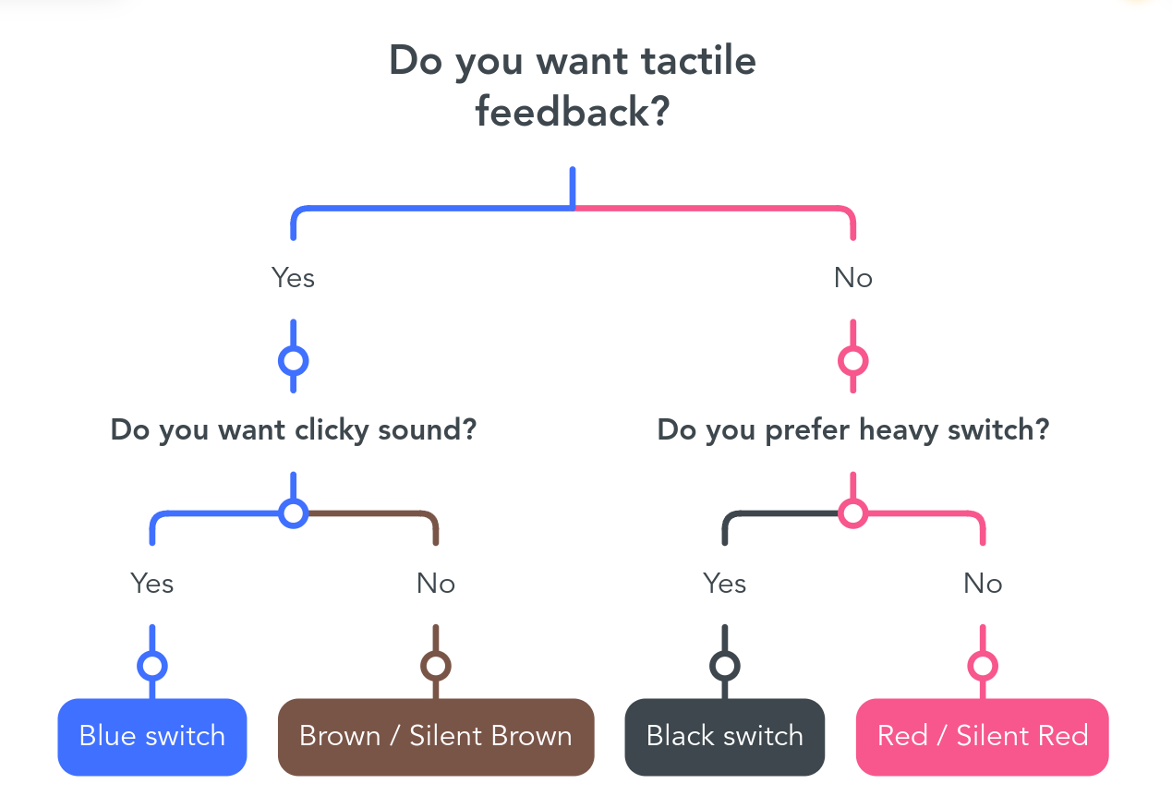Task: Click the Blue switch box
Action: click(x=151, y=736)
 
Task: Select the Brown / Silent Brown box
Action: click(x=436, y=736)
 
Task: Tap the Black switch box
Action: click(x=725, y=736)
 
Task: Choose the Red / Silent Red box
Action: click(x=983, y=736)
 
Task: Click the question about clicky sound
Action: click(x=294, y=430)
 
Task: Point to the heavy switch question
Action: click(x=853, y=430)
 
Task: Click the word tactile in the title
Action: click(x=698, y=61)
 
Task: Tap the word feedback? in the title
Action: click(x=573, y=112)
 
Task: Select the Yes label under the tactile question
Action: click(x=293, y=278)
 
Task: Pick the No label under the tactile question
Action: click(x=853, y=278)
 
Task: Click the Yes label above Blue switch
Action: click(x=151, y=583)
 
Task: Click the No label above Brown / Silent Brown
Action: click(x=436, y=583)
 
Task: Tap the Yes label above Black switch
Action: click(x=725, y=583)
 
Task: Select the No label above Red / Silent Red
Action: click(x=983, y=583)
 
